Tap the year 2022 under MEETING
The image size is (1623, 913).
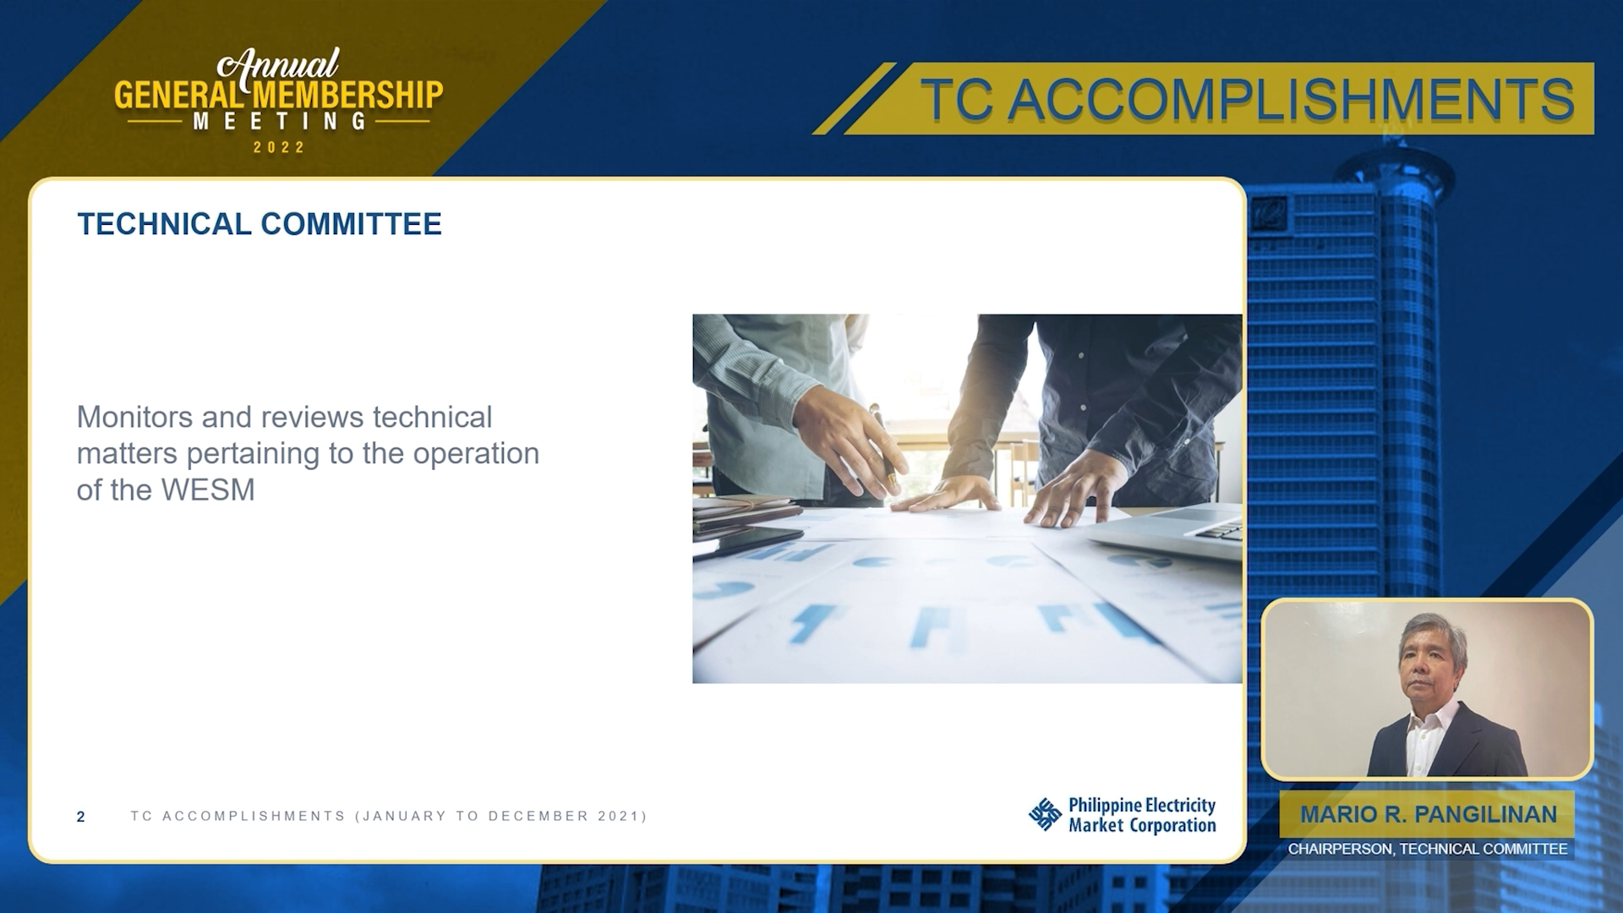pyautogui.click(x=279, y=147)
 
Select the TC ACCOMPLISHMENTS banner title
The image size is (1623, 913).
pyautogui.click(x=1247, y=99)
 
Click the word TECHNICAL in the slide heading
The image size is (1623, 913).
pyautogui.click(x=164, y=224)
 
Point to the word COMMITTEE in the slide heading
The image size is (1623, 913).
pyautogui.click(x=351, y=224)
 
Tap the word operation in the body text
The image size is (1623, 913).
pyautogui.click(x=476, y=454)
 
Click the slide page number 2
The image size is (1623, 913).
pyautogui.click(x=80, y=817)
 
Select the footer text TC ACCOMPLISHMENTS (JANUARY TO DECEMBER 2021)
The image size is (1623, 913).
pyautogui.click(x=389, y=816)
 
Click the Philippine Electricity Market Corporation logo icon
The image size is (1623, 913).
pyautogui.click(x=1045, y=814)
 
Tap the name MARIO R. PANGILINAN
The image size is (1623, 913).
pyautogui.click(x=1428, y=814)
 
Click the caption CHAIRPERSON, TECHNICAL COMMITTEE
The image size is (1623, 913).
pyautogui.click(x=1427, y=849)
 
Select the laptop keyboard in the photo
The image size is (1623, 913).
pyautogui.click(x=1221, y=530)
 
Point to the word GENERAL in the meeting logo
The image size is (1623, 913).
pyautogui.click(x=176, y=95)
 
